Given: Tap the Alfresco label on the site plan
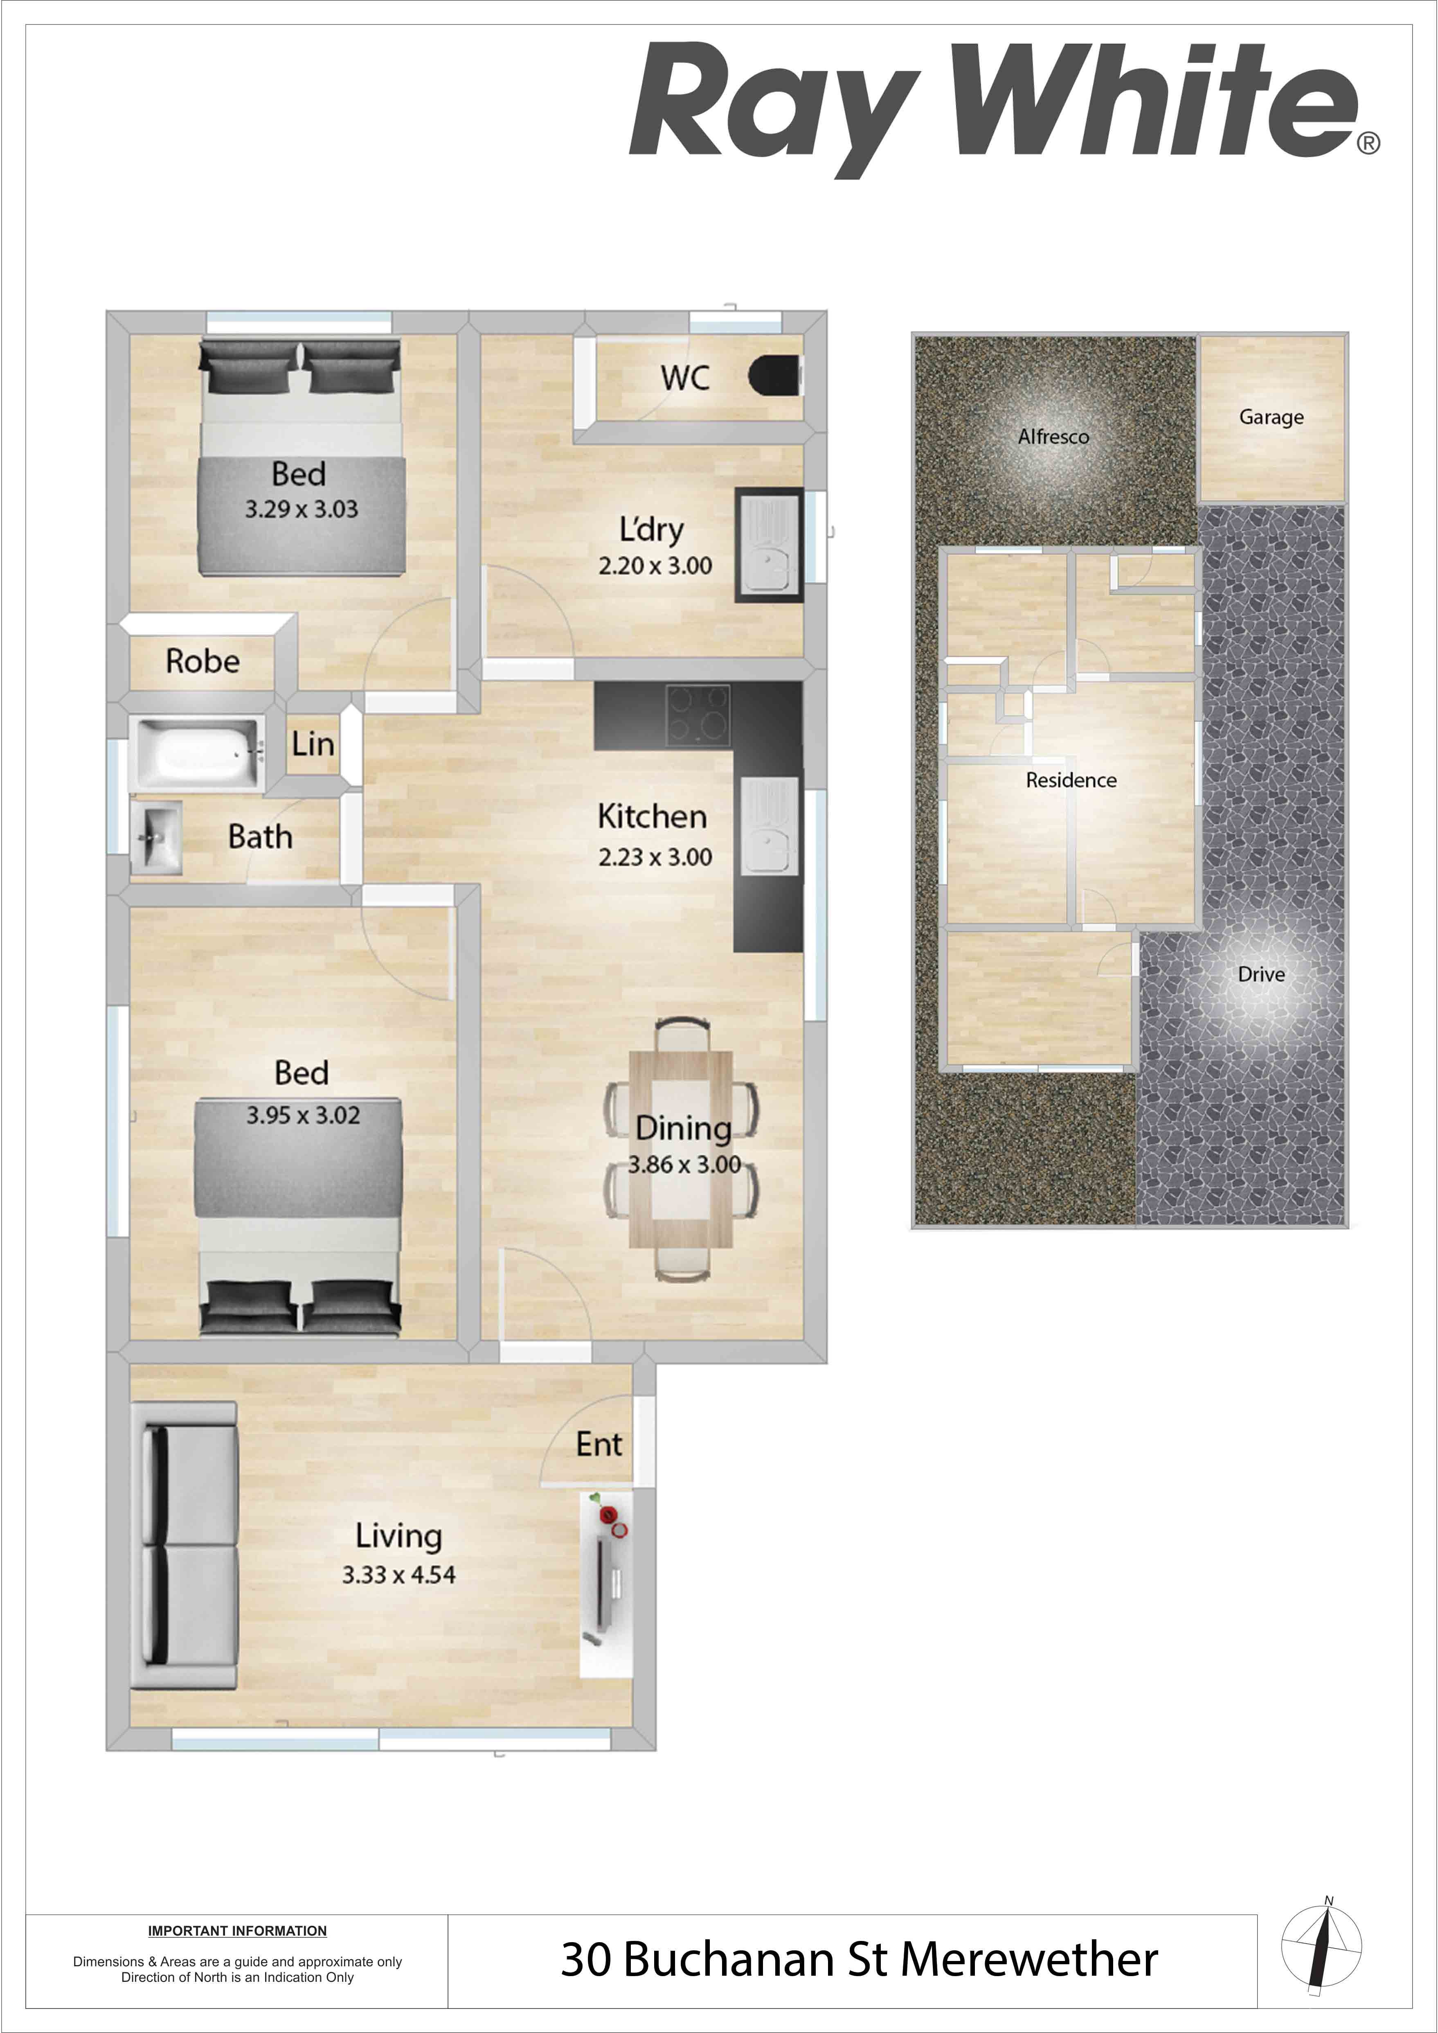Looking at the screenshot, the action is click(1054, 437).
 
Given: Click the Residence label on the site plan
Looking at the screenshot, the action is click(1071, 780).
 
